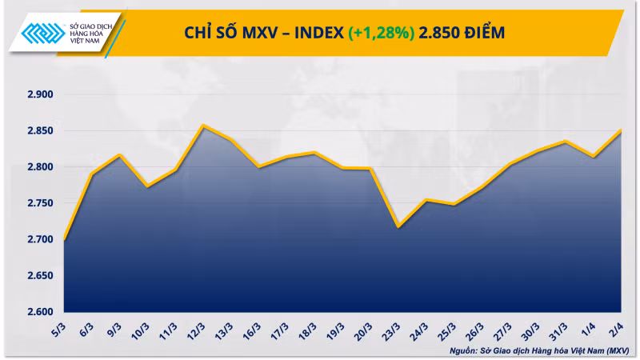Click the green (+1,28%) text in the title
click(382, 33)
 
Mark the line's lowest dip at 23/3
click(398, 226)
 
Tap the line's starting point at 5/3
click(63, 240)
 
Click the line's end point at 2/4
click(622, 130)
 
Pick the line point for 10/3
click(146, 186)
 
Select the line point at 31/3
click(566, 142)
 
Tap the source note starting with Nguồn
click(539, 350)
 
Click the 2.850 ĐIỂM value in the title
click(462, 33)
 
